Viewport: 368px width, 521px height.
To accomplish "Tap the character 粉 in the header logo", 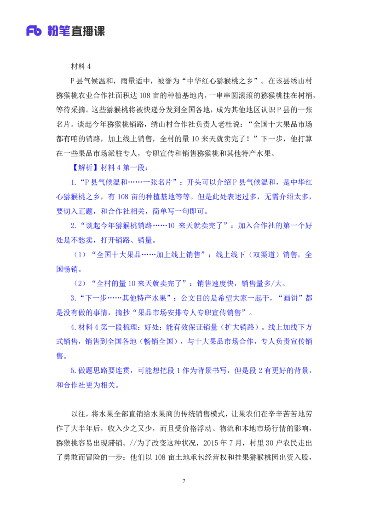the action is (x=52, y=31).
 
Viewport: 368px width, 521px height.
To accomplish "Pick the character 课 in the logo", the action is (x=100, y=31).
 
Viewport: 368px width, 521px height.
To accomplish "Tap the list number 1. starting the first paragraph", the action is (x=73, y=182).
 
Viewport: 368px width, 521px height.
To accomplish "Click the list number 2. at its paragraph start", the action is (x=73, y=226).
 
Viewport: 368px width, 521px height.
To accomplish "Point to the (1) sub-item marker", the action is (x=80, y=255).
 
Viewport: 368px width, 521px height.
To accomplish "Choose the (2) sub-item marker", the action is (x=80, y=284).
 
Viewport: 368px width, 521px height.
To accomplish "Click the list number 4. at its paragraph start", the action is (x=73, y=327).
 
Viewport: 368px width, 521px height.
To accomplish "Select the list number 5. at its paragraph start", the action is (x=73, y=370).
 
